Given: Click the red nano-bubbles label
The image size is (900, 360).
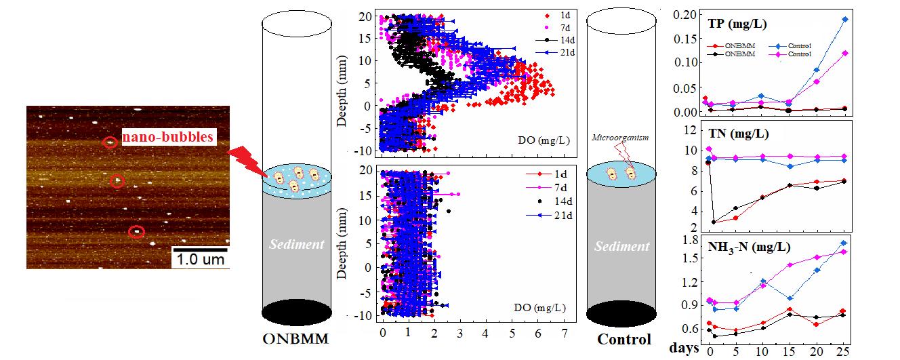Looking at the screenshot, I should point(167,139).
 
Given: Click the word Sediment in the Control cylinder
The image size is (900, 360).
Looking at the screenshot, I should point(621,247).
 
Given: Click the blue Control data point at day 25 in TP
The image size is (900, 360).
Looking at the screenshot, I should point(844,20).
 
